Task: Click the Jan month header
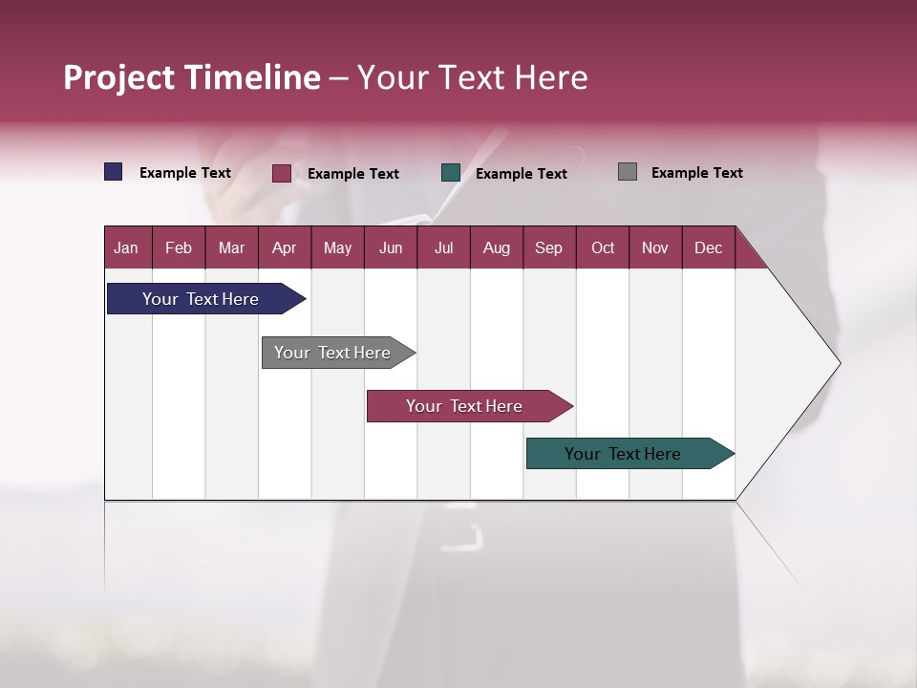(x=127, y=247)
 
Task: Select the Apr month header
(x=285, y=247)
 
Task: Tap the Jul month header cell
(x=444, y=247)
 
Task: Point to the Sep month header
(x=549, y=247)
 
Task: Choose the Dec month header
(x=708, y=247)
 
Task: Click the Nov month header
(x=655, y=247)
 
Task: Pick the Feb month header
(x=179, y=247)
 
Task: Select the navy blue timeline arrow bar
(x=201, y=299)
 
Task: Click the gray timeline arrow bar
(x=333, y=353)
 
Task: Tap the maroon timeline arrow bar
(x=465, y=406)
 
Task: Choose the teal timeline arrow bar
(x=624, y=454)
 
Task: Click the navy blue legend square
(x=114, y=172)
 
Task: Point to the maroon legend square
(x=281, y=173)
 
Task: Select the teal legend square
(x=451, y=173)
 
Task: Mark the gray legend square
(x=628, y=172)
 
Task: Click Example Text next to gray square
(x=696, y=173)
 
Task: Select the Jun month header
(x=391, y=247)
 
